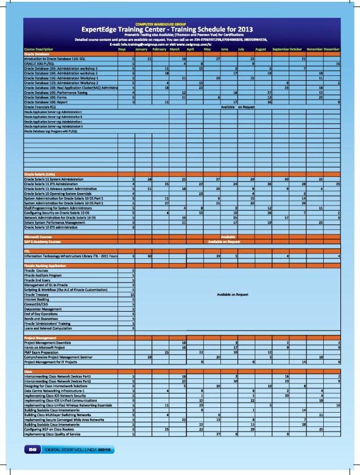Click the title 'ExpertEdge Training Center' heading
(x=179, y=28)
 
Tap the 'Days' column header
(x=122, y=49)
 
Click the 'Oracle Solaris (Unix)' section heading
(x=40, y=173)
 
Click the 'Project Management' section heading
(x=39, y=337)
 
